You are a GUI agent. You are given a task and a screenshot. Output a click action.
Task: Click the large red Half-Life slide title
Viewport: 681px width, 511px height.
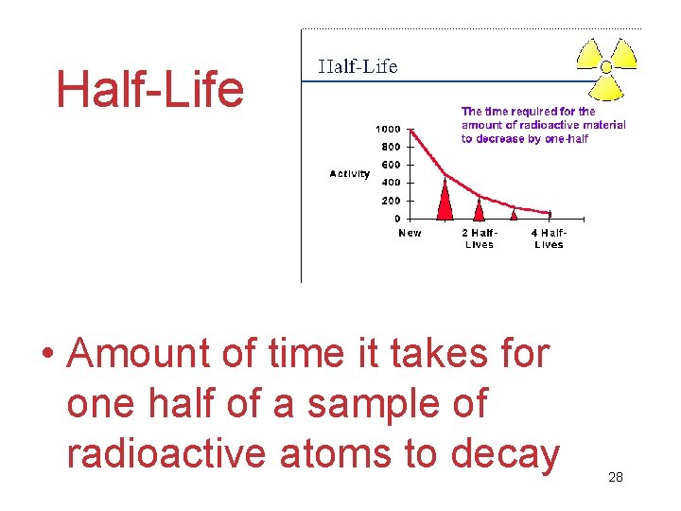pos(149,90)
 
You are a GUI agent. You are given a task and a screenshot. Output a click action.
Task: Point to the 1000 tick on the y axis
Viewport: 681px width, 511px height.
pos(388,129)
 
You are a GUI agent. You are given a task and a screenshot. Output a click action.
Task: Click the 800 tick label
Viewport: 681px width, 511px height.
pos(391,147)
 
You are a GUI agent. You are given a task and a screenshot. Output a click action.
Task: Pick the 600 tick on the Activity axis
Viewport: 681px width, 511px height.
pos(391,165)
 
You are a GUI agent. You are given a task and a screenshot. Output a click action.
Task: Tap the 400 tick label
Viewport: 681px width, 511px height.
pos(391,183)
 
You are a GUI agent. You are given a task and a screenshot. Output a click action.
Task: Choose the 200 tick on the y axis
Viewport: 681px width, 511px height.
pos(391,201)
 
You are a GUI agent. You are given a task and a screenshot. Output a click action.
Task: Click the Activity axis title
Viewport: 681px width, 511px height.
pos(349,173)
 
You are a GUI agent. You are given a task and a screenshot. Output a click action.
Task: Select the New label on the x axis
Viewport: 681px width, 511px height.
pos(410,233)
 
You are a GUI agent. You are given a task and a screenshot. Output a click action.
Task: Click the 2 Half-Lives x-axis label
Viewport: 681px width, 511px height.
pos(479,238)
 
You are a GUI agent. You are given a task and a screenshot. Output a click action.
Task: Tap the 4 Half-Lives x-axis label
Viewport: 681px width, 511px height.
pos(549,238)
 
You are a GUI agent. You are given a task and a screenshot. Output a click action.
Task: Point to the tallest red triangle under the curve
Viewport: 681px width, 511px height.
pos(445,200)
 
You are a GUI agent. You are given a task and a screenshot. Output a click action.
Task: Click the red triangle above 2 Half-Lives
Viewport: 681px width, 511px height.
pos(480,209)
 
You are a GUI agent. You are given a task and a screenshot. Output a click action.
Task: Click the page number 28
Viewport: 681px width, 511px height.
pos(616,477)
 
